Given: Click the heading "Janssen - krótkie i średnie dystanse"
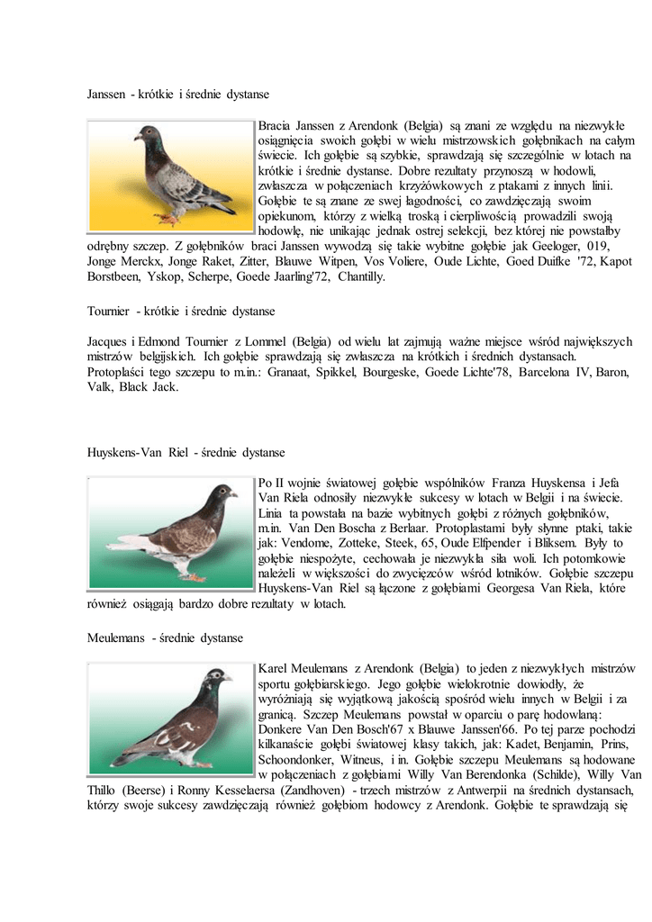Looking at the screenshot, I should [x=177, y=94].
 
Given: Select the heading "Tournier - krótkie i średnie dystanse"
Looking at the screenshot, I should [x=180, y=311].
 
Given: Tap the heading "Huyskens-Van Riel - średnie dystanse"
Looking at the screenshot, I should [x=186, y=452].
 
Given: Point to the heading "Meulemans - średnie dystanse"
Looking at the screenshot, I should [x=165, y=637].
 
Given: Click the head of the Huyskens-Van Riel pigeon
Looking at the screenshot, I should [x=221, y=493].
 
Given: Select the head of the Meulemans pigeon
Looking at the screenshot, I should [x=215, y=677].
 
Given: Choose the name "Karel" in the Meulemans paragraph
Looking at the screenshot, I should [x=274, y=668].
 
